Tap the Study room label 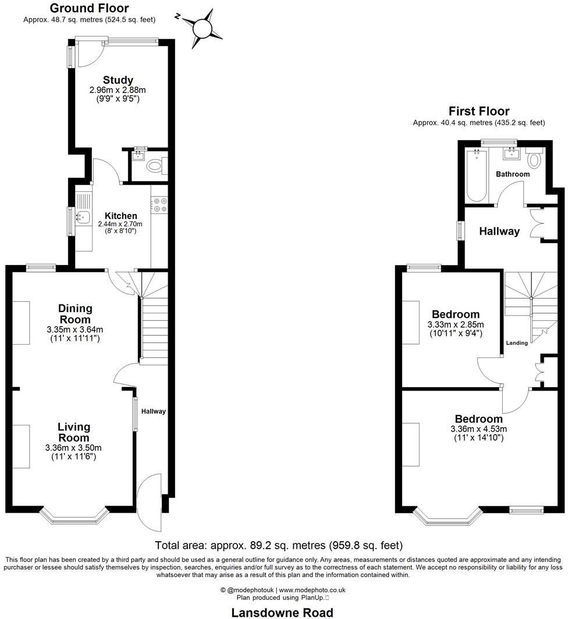118,80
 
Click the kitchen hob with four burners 159,205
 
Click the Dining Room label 75,314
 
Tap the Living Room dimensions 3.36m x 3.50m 73,448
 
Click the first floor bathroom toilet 534,159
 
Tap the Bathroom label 512,174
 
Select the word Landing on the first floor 517,343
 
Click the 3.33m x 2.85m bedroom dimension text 456,324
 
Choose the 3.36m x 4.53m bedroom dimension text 478,429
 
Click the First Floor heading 478,111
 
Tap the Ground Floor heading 89,8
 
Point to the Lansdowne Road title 282,613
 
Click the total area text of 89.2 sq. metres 279,545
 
